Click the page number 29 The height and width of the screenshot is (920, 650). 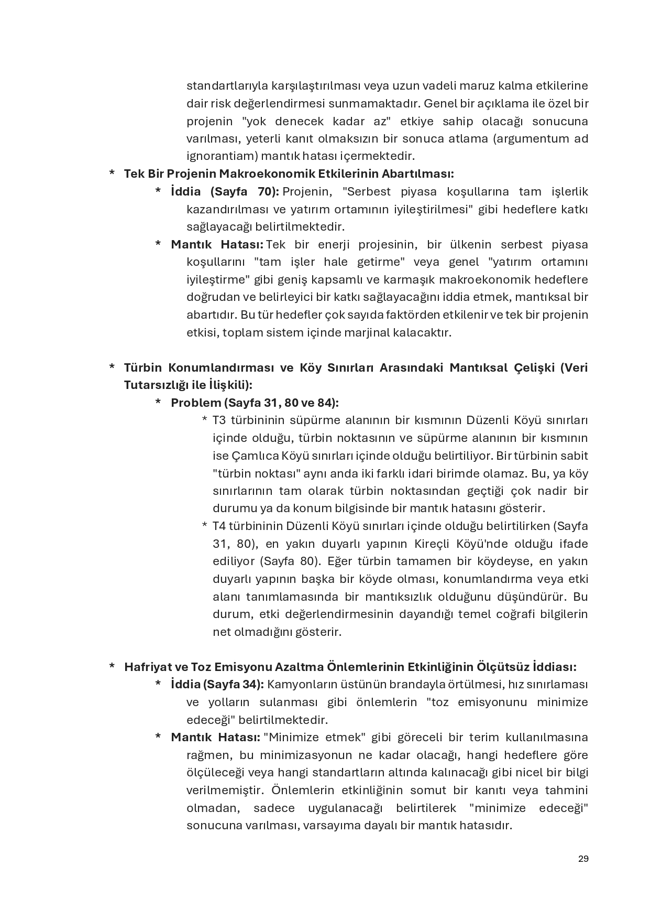pyautogui.click(x=583, y=859)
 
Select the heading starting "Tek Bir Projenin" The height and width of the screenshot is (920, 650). pyautogui.click(x=289, y=174)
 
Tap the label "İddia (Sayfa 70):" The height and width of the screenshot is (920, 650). pyautogui.click(x=225, y=191)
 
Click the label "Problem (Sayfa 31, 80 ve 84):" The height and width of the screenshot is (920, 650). pyautogui.click(x=255, y=403)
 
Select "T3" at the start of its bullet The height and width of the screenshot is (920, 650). pyautogui.click(x=219, y=420)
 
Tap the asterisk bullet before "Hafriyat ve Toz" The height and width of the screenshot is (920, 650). pyautogui.click(x=112, y=667)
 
